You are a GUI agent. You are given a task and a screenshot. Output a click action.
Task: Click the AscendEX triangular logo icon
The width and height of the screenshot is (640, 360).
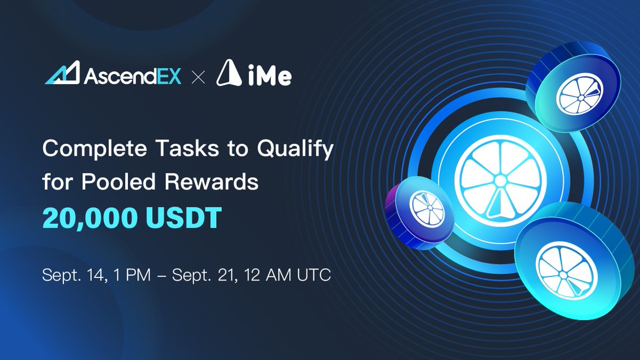click(62, 74)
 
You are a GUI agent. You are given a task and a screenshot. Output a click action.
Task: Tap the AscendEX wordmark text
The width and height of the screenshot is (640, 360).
click(132, 75)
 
